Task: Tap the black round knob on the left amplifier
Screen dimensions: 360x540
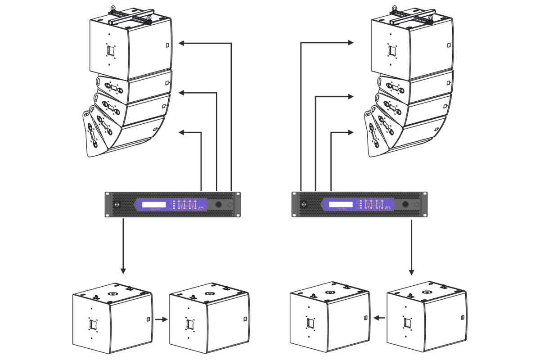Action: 219,205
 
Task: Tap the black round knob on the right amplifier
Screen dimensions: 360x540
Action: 405,205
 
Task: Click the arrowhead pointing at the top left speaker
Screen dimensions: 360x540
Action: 182,43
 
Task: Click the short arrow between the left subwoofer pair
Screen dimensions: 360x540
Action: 161,320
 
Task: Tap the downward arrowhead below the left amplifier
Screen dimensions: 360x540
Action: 123,271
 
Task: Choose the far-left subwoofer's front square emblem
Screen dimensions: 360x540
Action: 93,324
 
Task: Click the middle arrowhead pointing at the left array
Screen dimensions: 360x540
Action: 182,93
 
